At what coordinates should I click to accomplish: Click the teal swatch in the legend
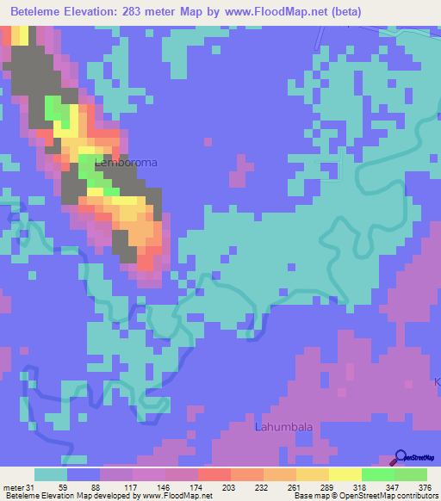coord(51,474)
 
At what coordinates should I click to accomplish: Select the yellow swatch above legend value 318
coord(345,474)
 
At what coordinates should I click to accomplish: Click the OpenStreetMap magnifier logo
coord(401,457)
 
